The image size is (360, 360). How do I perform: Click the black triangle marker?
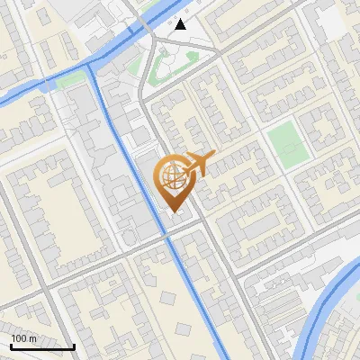[181, 24]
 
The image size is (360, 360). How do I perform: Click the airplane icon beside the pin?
[200, 165]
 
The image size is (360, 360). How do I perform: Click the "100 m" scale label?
[23, 338]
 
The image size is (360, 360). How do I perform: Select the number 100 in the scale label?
[19, 338]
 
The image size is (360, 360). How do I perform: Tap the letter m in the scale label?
[32, 338]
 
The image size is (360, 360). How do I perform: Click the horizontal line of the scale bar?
[42, 347]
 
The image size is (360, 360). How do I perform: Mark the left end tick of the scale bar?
[11, 346]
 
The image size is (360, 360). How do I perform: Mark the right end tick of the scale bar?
[74, 346]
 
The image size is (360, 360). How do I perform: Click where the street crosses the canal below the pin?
[167, 236]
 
